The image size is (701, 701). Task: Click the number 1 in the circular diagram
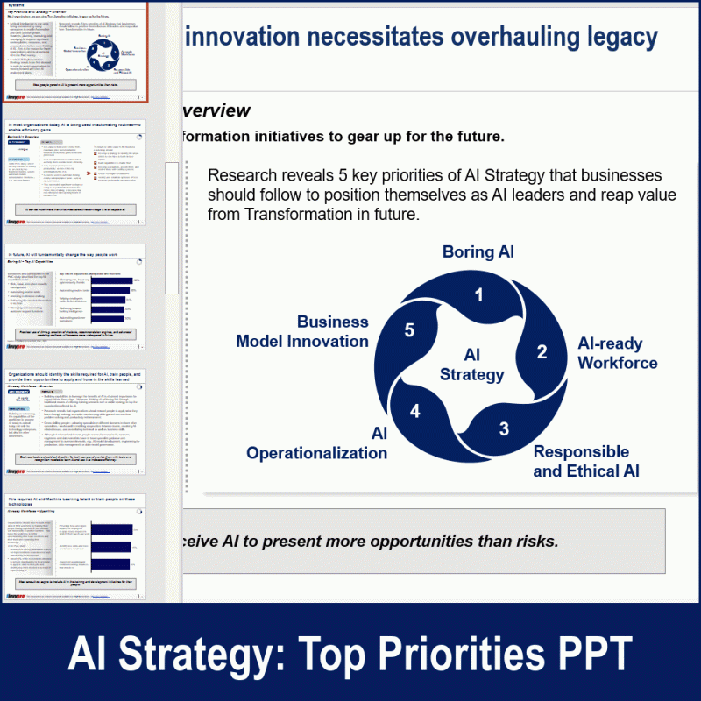pos(478,295)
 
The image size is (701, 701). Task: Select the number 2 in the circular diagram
pos(542,352)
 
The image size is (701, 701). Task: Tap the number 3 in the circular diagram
pos(504,428)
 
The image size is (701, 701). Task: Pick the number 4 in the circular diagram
pos(415,411)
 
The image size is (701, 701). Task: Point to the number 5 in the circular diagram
pos(409,330)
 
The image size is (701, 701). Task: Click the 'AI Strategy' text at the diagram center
pos(472,365)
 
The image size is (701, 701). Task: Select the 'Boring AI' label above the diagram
pos(478,252)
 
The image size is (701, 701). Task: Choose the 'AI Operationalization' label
pos(317,443)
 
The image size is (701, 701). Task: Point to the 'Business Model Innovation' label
pos(302,332)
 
